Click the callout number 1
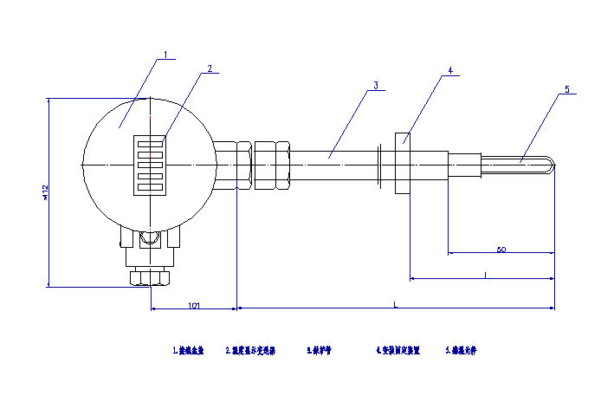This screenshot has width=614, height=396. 166,55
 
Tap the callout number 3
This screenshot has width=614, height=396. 376,85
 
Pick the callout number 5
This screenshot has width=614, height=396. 567,89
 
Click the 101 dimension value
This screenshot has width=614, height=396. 194,305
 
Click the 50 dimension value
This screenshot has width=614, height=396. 501,250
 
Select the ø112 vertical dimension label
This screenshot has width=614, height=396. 44,192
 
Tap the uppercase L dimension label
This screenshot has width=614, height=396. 396,304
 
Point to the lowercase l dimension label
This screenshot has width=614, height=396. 486,275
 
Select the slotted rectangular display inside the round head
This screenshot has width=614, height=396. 151,162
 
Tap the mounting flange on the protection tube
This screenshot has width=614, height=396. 403,162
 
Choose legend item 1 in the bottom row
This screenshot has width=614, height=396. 189,352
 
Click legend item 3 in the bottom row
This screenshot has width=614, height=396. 320,352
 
